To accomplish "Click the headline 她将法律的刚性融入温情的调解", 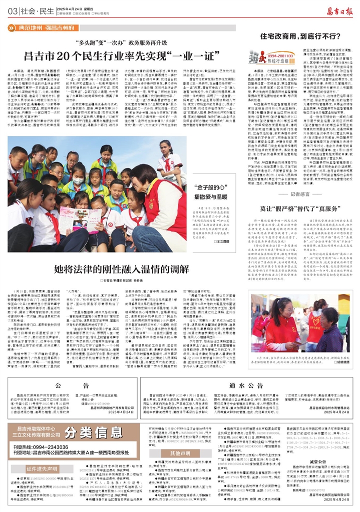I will [118, 268].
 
